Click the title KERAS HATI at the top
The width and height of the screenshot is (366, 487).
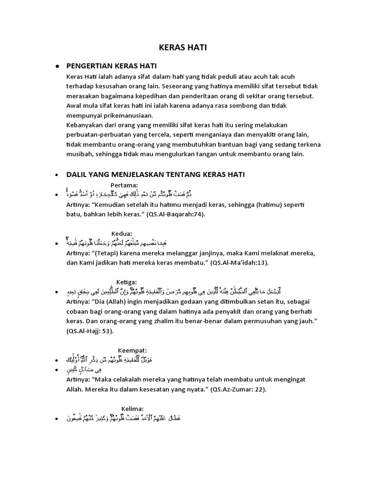(183, 48)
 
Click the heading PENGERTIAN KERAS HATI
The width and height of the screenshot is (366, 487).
(112, 66)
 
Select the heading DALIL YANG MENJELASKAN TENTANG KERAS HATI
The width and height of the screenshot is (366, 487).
(155, 175)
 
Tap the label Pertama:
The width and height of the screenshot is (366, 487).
(124, 185)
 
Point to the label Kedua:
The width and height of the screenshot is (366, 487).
(122, 234)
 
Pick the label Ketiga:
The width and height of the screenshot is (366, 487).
(127, 282)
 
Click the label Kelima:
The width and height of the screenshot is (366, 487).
(132, 408)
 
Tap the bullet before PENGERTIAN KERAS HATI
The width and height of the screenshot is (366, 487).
(57, 66)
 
